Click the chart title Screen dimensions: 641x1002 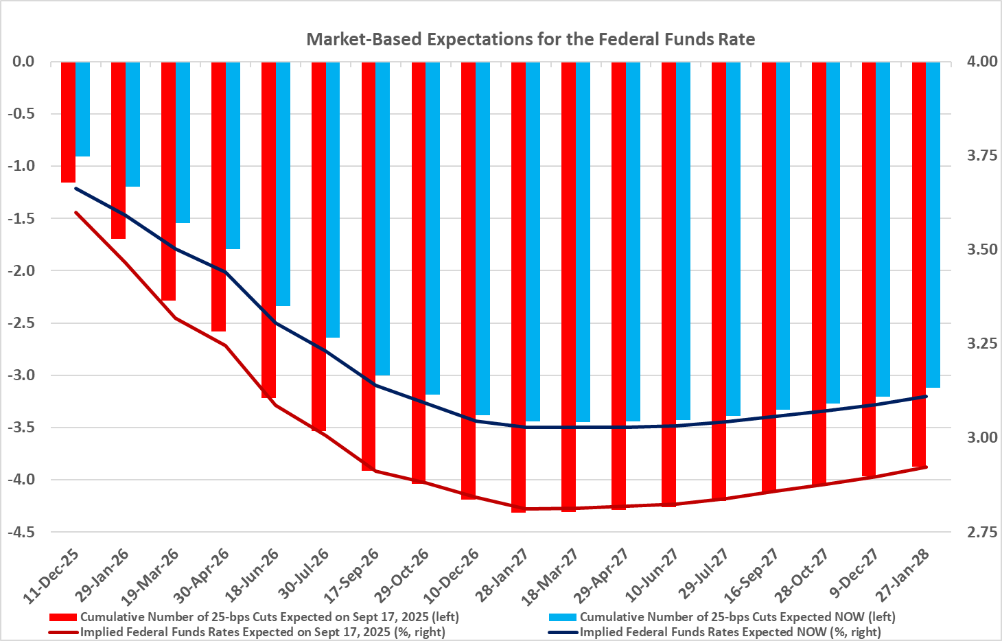(x=531, y=39)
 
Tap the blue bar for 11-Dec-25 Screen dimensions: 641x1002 (x=82, y=109)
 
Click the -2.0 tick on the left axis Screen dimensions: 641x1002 (x=23, y=270)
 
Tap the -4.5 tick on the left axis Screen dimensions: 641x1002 (x=23, y=532)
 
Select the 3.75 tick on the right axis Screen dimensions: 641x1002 (x=981, y=156)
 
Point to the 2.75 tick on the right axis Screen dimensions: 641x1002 (x=981, y=532)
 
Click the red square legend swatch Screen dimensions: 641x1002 (x=63, y=617)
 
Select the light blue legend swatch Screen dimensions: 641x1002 (x=562, y=617)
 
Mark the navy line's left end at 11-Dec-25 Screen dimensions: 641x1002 (x=75, y=188)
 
